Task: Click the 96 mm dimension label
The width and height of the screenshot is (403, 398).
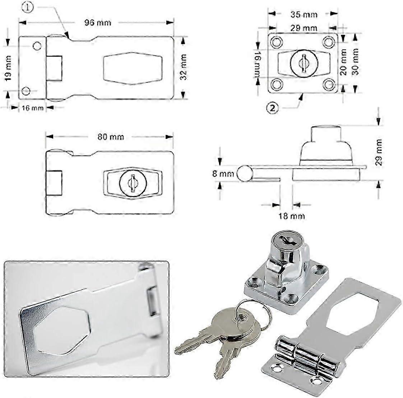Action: coord(98,22)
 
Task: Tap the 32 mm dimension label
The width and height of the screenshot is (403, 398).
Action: coord(184,67)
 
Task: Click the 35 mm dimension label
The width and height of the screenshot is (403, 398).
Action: coord(304,14)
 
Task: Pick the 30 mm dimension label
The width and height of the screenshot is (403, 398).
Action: coord(356,61)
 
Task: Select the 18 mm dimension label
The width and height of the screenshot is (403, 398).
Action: coord(292,216)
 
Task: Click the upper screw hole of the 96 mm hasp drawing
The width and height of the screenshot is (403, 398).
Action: coord(37,46)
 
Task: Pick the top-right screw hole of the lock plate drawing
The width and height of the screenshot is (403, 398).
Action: coord(328,42)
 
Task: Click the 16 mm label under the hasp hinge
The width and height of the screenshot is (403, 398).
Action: coord(32,108)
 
